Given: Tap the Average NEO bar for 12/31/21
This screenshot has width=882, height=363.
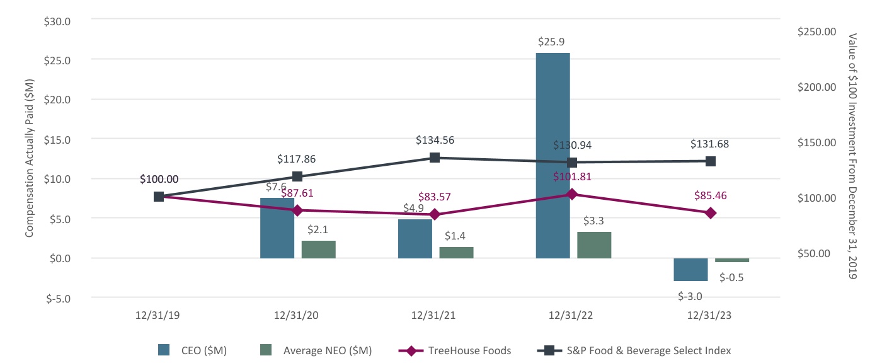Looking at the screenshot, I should pyautogui.click(x=456, y=252).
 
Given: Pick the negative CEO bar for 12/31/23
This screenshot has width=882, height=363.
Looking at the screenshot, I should pyautogui.click(x=690, y=269).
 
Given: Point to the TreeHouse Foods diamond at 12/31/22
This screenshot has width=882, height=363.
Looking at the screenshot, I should pyautogui.click(x=572, y=194).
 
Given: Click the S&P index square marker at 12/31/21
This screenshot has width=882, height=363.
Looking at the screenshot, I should pyautogui.click(x=434, y=158).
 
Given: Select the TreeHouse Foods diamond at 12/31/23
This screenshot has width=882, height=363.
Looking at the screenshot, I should pyautogui.click(x=711, y=213).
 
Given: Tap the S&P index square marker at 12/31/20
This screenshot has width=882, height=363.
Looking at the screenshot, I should pyautogui.click(x=297, y=176).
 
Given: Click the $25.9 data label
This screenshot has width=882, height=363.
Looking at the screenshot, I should pyautogui.click(x=553, y=42).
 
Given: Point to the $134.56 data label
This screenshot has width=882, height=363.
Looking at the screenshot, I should pyautogui.click(x=435, y=140).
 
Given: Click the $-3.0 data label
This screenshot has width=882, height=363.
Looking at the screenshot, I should pyautogui.click(x=690, y=296).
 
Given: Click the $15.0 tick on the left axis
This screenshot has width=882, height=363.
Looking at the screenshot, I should pyautogui.click(x=57, y=139).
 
